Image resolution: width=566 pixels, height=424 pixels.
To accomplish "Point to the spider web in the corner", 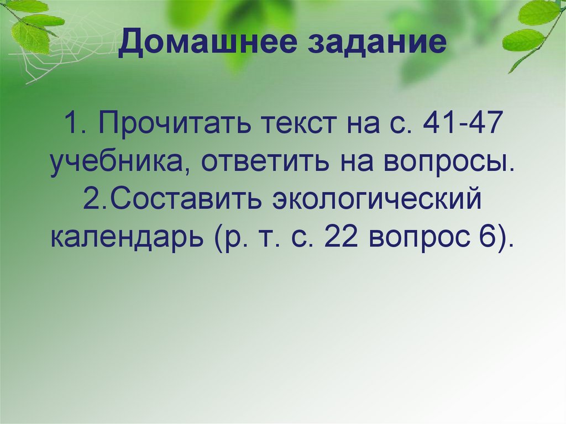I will [x=55, y=44].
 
